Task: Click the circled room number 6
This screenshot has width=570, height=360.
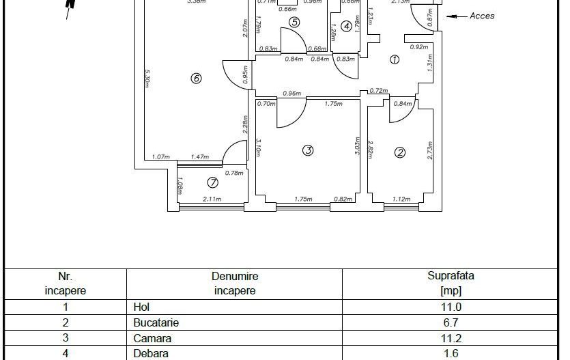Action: click(197, 79)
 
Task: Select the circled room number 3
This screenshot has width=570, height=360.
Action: click(308, 150)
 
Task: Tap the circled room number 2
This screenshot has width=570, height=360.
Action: click(400, 152)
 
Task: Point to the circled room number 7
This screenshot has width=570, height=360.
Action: click(212, 182)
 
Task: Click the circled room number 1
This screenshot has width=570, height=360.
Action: click(394, 59)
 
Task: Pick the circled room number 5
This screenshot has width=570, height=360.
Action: click(294, 22)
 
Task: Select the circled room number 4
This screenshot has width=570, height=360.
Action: click(347, 27)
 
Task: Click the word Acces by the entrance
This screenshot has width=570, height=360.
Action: click(482, 16)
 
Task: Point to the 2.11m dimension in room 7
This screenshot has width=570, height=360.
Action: click(212, 199)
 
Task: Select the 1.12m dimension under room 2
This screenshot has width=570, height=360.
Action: click(401, 199)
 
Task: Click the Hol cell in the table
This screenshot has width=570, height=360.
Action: click(141, 307)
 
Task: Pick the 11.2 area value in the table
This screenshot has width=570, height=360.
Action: click(451, 338)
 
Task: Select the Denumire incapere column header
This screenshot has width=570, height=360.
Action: click(235, 283)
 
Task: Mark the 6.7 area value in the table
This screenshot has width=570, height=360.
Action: click(451, 323)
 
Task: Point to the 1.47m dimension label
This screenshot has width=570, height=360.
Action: click(199, 157)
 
